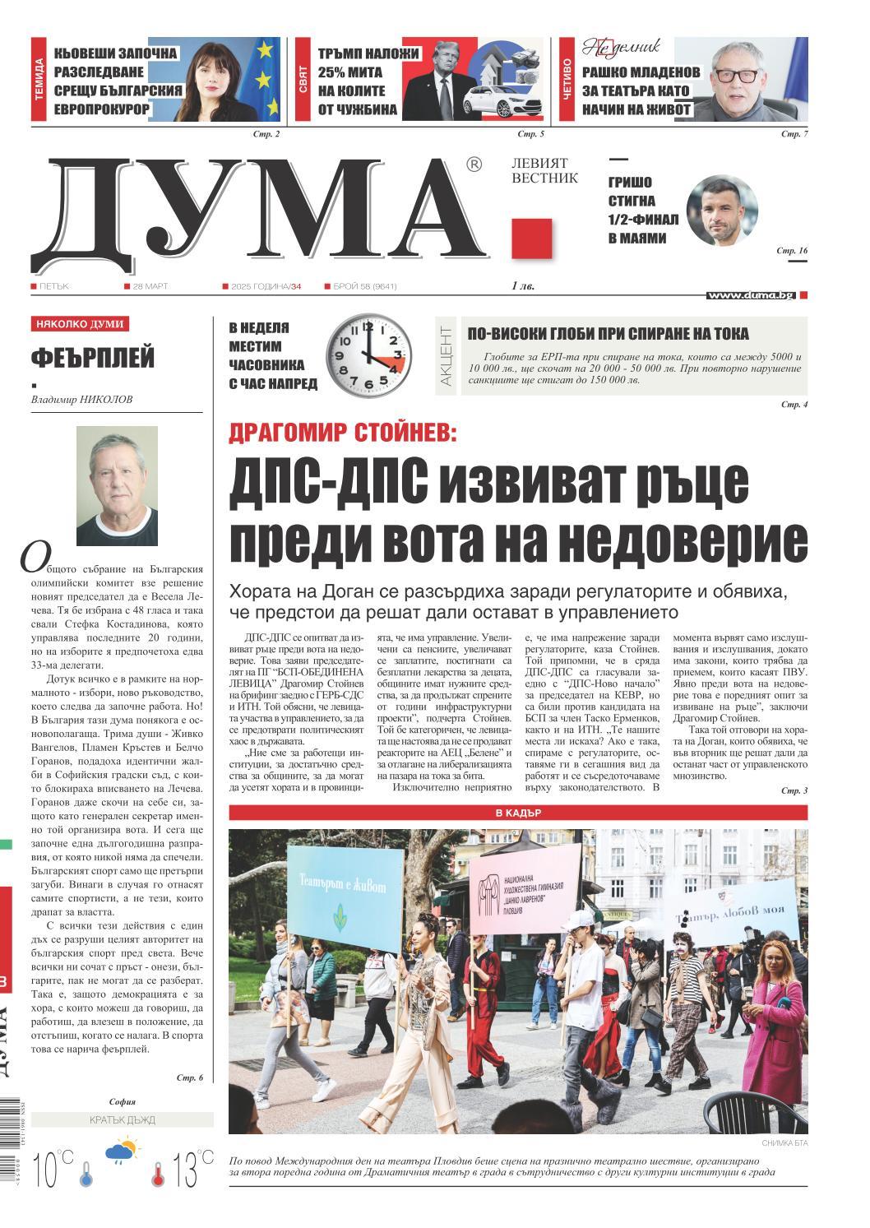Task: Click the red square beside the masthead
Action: tap(531, 239)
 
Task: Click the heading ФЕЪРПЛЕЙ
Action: tap(93, 359)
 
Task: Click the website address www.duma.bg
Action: tap(750, 294)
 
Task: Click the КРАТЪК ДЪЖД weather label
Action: tap(122, 1120)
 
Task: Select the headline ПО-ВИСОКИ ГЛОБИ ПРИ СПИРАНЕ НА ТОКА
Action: tap(608, 333)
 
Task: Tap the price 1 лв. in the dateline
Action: tap(522, 286)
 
